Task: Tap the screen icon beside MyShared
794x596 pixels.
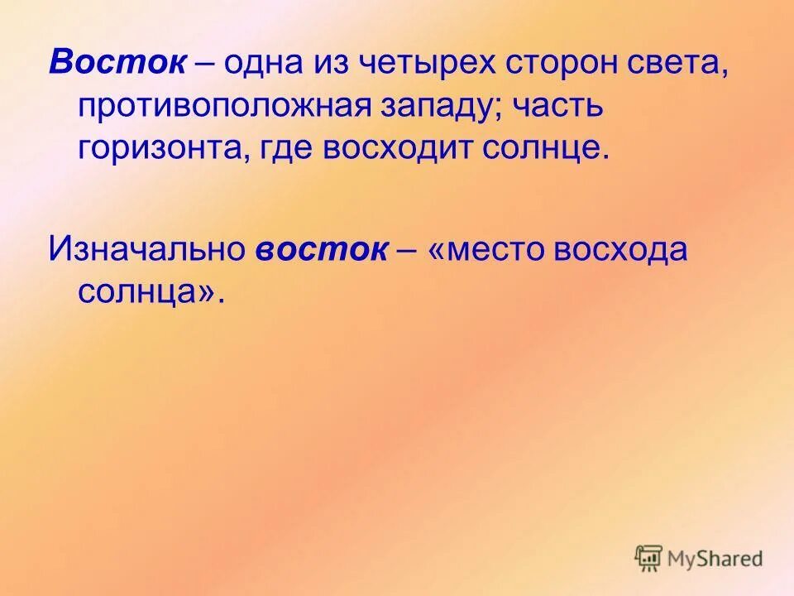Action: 649,558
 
